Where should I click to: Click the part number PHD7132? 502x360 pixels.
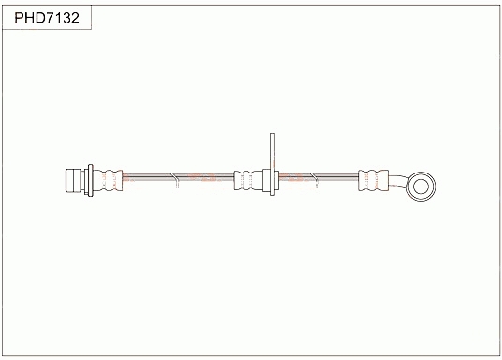click(47, 18)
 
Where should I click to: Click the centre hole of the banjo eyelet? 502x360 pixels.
click(421, 187)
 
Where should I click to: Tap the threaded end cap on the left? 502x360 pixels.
click(73, 181)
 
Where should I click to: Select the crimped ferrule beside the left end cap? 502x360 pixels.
click(108, 181)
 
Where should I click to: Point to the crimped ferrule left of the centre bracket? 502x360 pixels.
click(248, 181)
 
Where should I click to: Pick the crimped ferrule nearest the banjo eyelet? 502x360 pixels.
click(373, 180)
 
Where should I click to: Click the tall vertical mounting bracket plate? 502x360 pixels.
click(273, 164)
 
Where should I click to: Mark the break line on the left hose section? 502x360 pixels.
click(174, 180)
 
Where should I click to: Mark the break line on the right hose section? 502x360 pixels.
click(315, 180)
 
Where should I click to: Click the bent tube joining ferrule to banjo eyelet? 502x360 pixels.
click(399, 181)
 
